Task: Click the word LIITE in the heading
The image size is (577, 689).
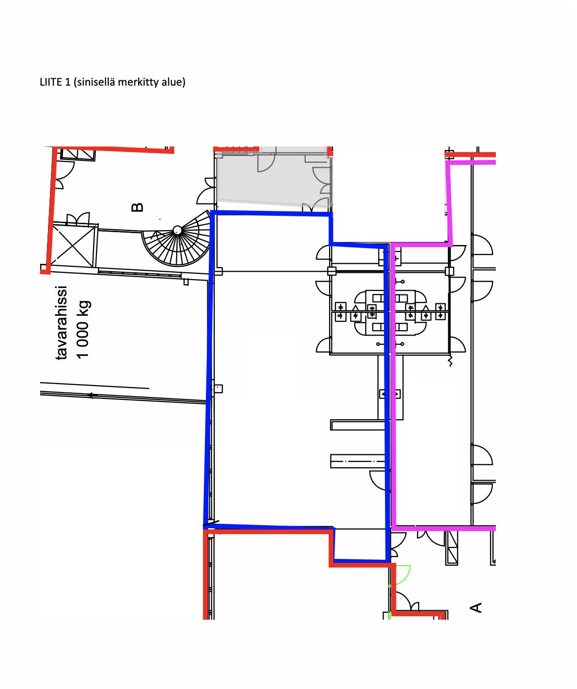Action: tap(51, 82)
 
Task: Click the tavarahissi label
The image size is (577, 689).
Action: tap(61, 322)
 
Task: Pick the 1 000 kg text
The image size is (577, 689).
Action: tap(83, 329)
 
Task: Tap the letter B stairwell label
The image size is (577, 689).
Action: tap(137, 207)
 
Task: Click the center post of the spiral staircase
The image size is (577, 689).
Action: tap(177, 230)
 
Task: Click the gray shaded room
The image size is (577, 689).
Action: tap(274, 178)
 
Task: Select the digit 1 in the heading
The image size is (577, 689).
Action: tap(68, 82)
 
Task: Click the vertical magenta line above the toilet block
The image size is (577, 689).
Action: tap(449, 203)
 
